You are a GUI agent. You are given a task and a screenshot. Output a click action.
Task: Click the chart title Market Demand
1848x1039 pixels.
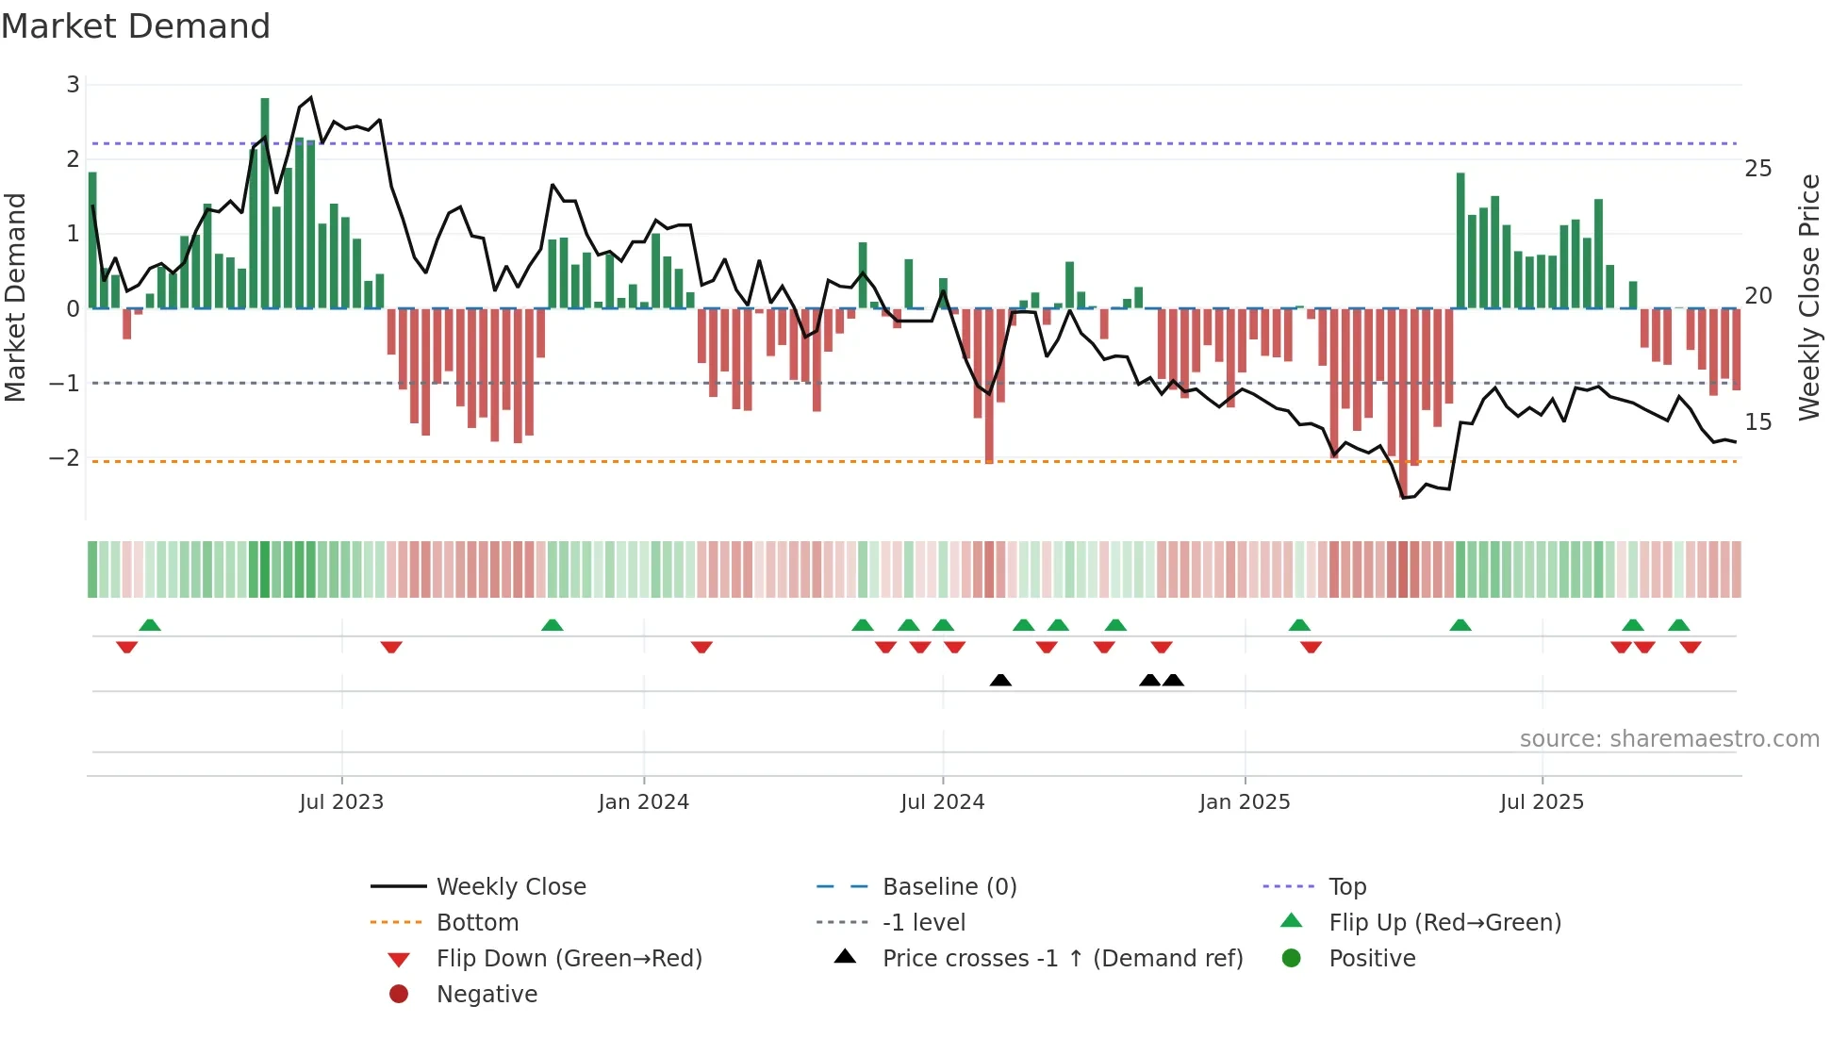[x=136, y=26]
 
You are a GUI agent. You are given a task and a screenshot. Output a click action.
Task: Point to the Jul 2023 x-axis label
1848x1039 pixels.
[x=341, y=802]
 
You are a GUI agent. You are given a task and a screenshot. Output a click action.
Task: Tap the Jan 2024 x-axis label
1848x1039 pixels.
[x=644, y=802]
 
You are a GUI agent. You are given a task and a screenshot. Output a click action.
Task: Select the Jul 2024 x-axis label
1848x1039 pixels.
[x=942, y=802]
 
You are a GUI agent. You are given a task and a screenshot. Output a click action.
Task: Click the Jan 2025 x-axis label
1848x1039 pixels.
[x=1245, y=802]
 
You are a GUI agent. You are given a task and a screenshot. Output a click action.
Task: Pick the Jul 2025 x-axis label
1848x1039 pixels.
[x=1542, y=802]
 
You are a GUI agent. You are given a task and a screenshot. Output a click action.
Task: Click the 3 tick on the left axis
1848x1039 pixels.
[x=73, y=85]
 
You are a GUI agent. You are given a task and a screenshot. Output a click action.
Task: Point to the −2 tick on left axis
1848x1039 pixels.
[x=64, y=458]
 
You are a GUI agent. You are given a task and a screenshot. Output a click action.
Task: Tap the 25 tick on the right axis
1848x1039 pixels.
[x=1758, y=169]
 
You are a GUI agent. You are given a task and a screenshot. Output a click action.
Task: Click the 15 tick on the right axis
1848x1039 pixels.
[x=1758, y=422]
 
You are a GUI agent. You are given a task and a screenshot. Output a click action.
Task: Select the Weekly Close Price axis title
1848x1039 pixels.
[x=1808, y=297]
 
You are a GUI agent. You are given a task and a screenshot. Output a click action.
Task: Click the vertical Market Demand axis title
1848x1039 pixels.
[x=15, y=297]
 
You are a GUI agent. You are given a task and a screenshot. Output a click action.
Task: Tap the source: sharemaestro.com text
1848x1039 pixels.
[x=1669, y=739]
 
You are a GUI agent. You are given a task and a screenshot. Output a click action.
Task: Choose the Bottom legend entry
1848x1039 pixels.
[x=477, y=923]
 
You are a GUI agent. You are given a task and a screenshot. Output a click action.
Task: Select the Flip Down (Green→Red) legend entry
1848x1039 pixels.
[x=569, y=959]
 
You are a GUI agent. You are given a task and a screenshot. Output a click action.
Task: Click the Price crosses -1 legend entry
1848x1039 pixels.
[x=1063, y=959]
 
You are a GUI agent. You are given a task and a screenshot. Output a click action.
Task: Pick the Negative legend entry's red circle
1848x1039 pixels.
[x=399, y=995]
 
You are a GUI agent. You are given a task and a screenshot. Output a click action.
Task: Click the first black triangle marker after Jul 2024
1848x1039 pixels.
[x=1000, y=680]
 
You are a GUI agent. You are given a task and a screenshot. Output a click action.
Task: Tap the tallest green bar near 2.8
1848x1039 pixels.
[x=265, y=203]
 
